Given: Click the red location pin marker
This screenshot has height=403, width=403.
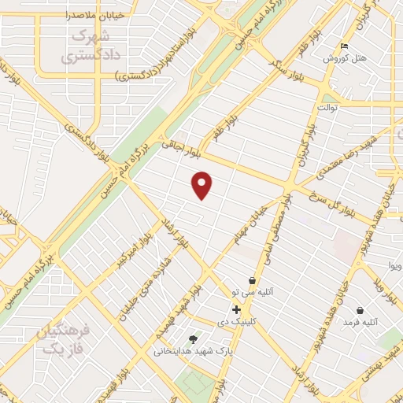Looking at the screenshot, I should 202,185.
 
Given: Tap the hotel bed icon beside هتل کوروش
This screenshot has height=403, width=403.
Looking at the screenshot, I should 343,46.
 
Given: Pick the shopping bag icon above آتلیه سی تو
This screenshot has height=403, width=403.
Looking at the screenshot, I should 251,280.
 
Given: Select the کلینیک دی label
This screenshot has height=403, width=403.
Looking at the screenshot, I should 235,322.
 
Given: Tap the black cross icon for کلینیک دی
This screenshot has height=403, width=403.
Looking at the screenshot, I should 236,309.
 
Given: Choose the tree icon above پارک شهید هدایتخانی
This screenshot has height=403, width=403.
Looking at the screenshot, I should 194,338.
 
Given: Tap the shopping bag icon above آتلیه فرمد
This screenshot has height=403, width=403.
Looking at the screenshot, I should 360,310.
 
